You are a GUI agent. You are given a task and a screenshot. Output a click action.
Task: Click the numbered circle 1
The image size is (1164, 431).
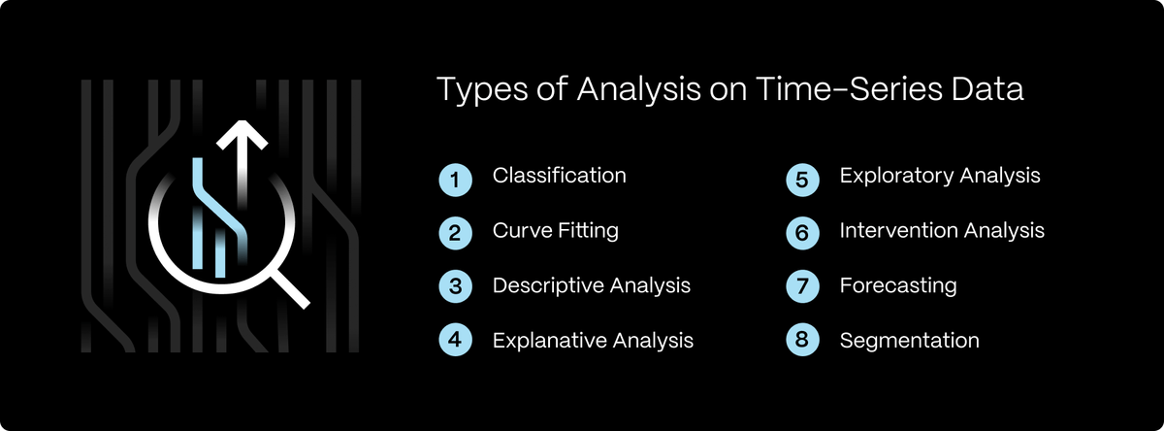[455, 179]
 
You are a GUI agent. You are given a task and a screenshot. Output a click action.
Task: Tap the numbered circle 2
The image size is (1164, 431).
[455, 233]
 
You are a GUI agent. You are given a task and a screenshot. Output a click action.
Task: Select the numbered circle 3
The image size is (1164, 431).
[455, 287]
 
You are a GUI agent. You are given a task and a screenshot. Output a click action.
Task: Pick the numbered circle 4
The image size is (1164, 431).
[455, 342]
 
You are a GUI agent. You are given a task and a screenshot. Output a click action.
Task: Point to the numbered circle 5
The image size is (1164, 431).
[801, 179]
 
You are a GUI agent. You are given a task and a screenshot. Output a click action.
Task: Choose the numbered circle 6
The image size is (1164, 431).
[801, 233]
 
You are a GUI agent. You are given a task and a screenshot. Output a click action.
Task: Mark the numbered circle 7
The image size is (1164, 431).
[801, 287]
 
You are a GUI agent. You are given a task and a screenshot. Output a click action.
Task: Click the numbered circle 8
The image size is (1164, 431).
[801, 342]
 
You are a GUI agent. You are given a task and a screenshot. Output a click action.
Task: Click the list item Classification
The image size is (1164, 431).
[559, 176]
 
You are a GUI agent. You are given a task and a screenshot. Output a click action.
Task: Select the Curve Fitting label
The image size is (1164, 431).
[555, 231]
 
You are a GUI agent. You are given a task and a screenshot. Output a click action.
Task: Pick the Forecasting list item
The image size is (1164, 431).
[897, 286]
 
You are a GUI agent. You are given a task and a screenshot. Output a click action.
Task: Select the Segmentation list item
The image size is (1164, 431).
[909, 341]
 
